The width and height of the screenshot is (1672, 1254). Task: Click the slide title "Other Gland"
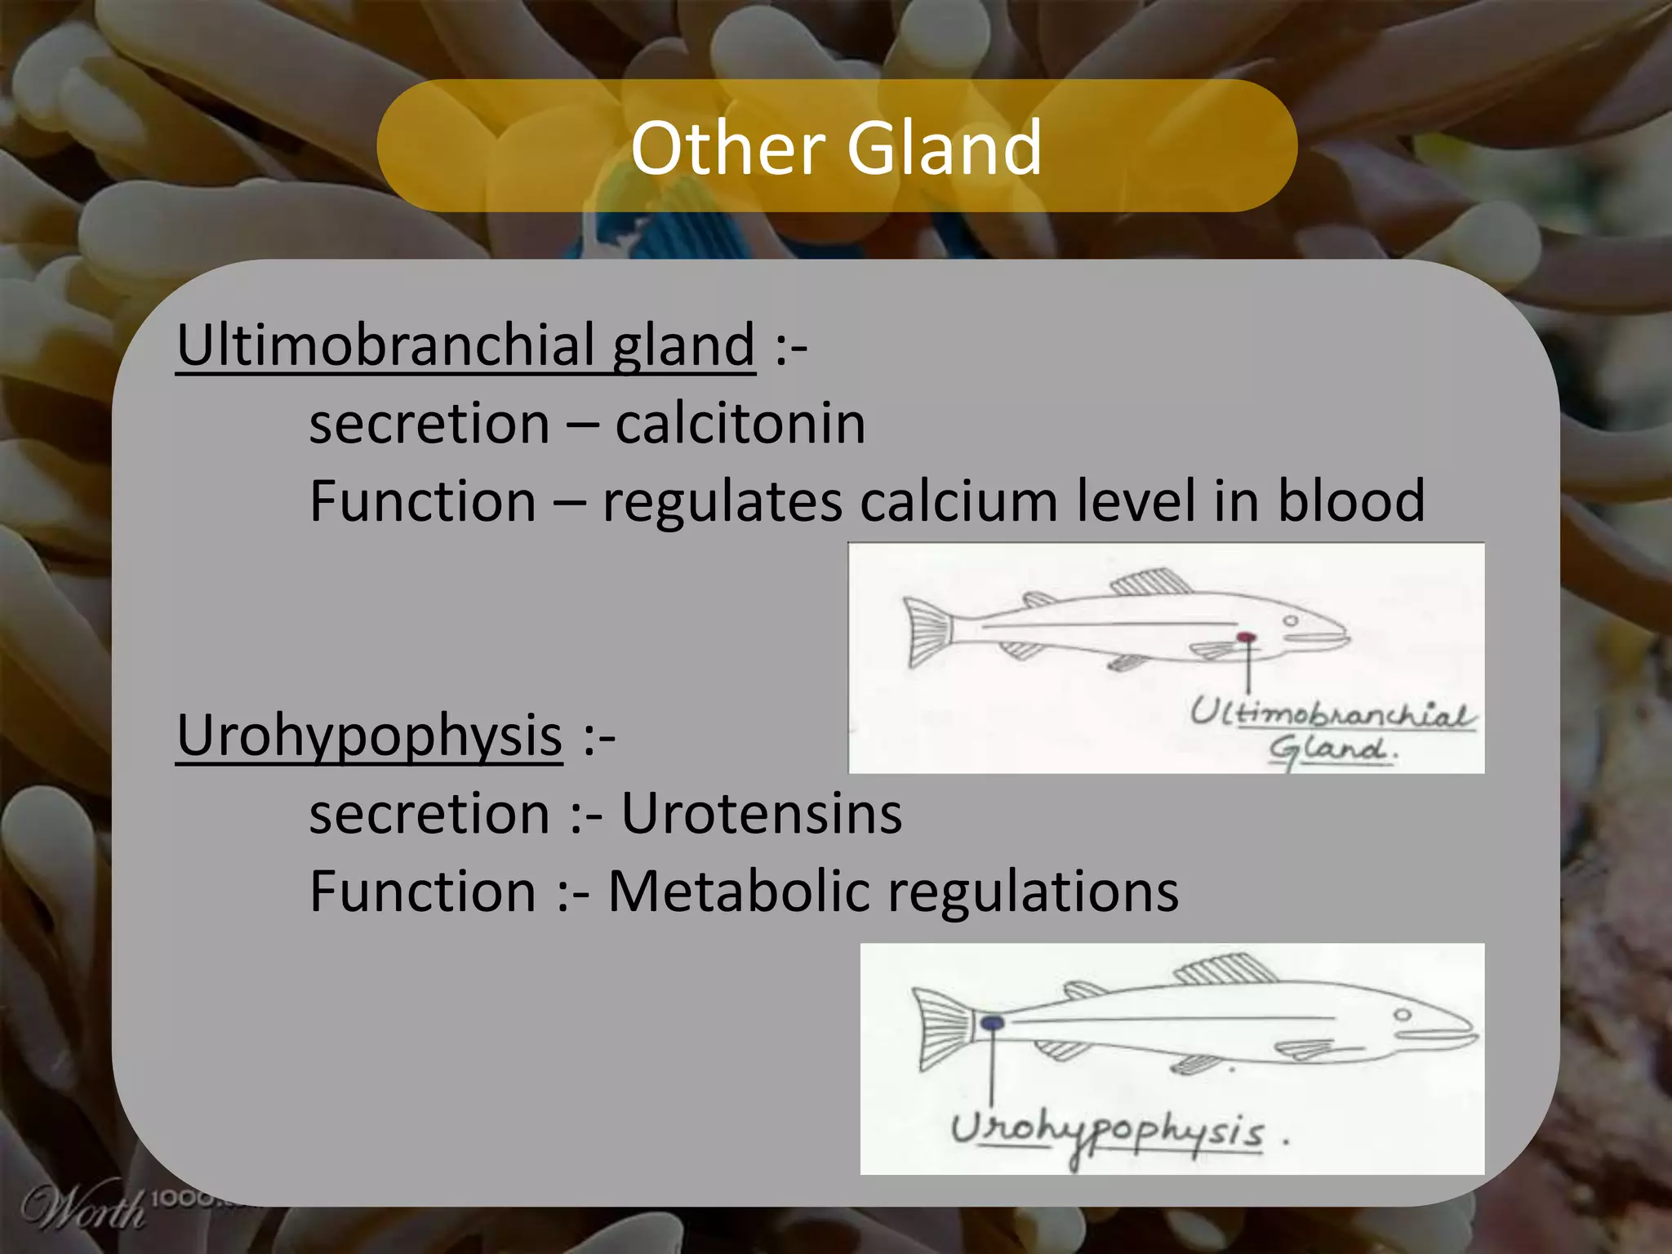coord(836,148)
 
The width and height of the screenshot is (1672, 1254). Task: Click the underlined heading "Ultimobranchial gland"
coord(465,346)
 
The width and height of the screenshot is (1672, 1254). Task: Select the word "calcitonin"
coord(740,425)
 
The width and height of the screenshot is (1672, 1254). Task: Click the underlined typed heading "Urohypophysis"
coord(369,736)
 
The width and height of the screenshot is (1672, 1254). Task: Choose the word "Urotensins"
coord(761,815)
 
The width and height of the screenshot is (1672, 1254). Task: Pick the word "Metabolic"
coord(739,892)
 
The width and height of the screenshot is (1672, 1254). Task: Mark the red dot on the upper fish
coord(1245,638)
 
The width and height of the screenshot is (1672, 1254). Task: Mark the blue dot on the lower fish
coord(992,1022)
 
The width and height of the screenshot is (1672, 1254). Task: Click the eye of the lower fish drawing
coord(1403,1016)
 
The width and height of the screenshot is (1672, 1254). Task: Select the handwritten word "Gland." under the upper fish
coord(1331,749)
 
